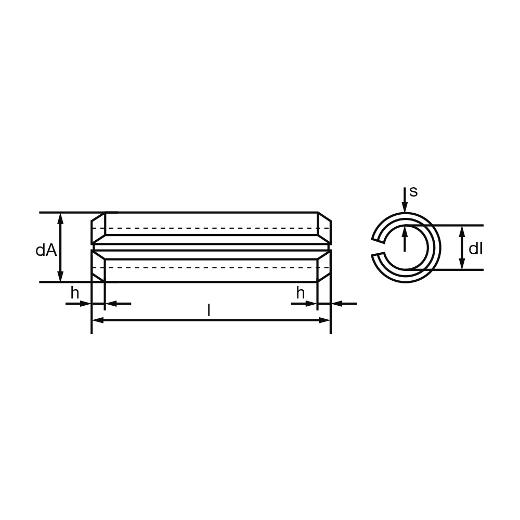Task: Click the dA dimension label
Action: click(x=46, y=251)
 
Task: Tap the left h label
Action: click(x=75, y=293)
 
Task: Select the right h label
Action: click(x=301, y=293)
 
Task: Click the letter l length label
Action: click(x=209, y=310)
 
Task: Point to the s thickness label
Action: click(x=413, y=192)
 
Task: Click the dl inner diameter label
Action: click(x=476, y=249)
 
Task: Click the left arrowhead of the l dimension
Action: click(x=98, y=320)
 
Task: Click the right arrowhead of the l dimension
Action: click(x=324, y=320)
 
